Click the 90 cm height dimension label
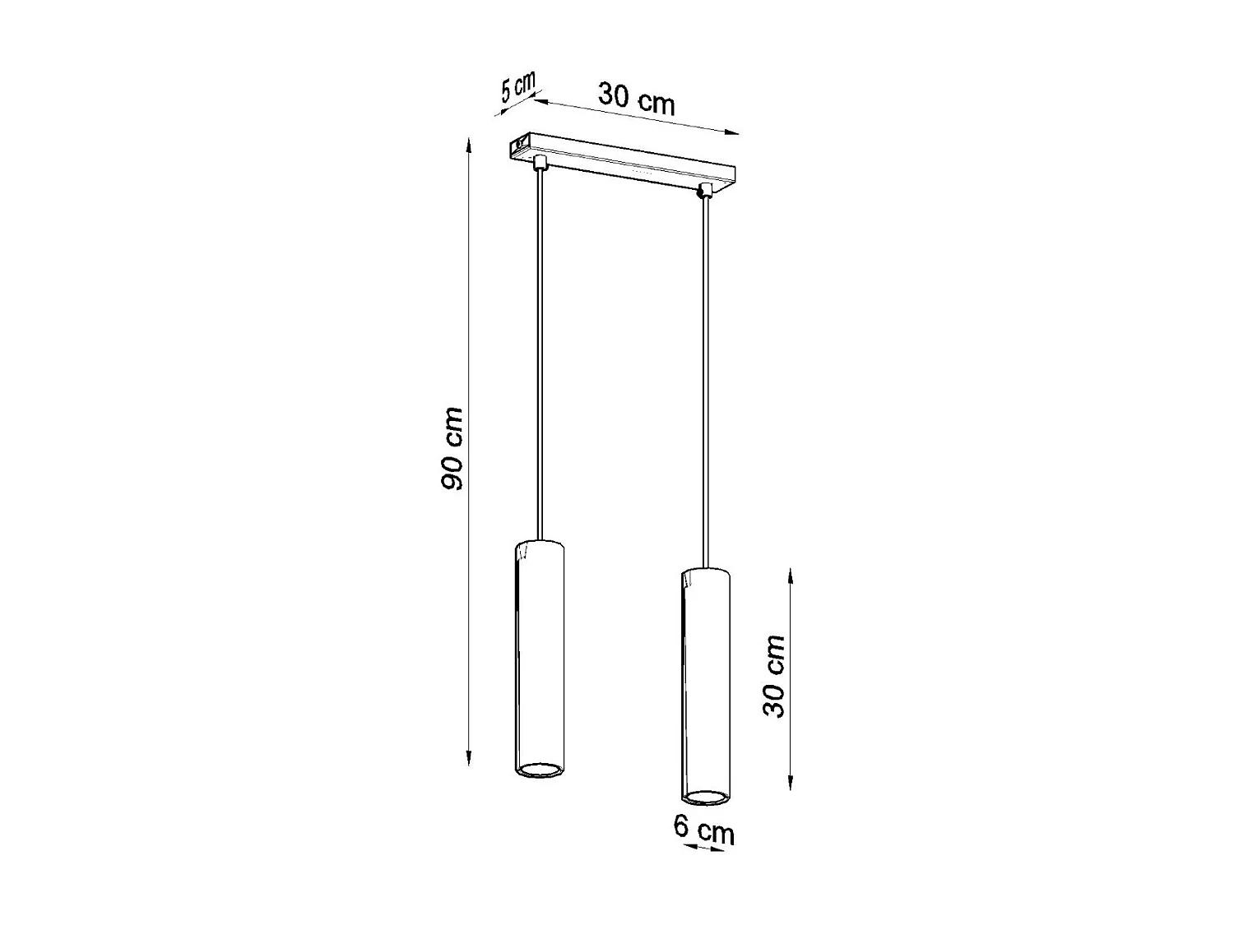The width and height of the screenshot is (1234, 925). tap(452, 449)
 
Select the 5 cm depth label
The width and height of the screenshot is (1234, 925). tap(517, 86)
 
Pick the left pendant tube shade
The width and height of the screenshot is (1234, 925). tap(539, 658)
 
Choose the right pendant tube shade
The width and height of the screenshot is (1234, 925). tap(705, 682)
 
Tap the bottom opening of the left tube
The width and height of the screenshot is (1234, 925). tap(539, 770)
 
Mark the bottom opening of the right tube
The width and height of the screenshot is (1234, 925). tap(705, 797)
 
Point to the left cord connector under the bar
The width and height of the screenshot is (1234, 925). tap(539, 161)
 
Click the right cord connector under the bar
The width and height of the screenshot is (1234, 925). tap(703, 192)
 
